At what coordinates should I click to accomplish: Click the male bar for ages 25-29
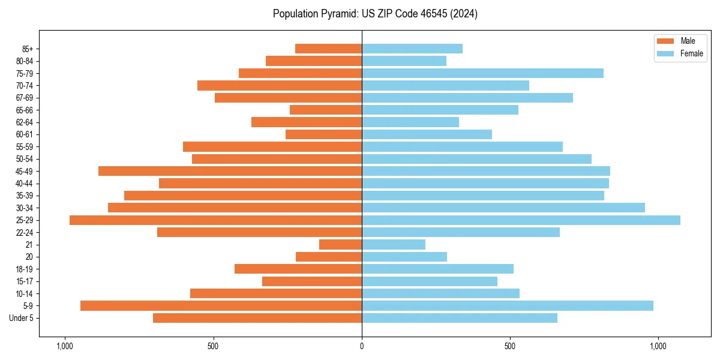pos(216,220)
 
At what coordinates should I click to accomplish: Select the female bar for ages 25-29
pos(521,220)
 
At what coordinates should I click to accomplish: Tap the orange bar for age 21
pos(341,245)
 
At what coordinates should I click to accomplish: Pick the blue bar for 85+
pos(412,49)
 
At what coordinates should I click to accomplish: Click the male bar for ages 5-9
pos(221,306)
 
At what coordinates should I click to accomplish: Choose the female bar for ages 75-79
pos(482,73)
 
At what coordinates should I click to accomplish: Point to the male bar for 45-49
pos(230,171)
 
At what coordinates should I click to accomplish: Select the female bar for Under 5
pos(460,318)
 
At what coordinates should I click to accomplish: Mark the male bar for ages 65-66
pos(326,110)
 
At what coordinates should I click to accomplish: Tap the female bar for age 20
pos(404,257)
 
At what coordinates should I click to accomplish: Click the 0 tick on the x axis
pos(362,346)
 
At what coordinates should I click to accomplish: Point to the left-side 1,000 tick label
pos(64,346)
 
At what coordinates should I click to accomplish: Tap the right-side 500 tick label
pos(510,346)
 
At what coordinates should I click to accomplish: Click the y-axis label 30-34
pos(25,208)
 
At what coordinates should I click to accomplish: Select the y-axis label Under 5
pos(22,318)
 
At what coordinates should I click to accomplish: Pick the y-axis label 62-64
pos(25,122)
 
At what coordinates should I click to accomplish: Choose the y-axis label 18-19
pos(25,269)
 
